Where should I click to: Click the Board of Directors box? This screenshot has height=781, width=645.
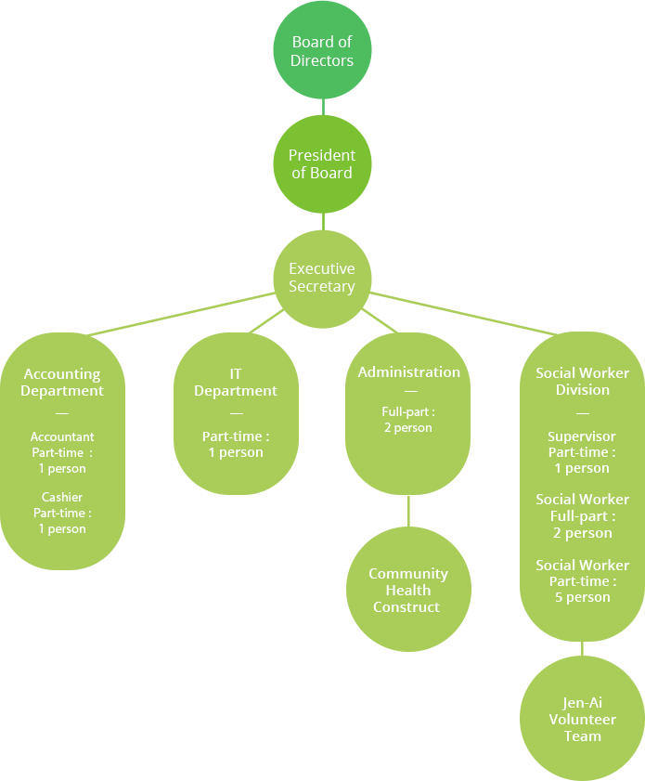(322, 51)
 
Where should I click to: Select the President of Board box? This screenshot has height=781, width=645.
(322, 163)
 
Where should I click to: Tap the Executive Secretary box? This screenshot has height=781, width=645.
(322, 278)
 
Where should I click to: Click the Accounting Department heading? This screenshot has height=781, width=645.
(62, 383)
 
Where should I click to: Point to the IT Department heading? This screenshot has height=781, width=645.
(236, 383)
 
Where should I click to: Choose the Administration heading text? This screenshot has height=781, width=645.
(408, 371)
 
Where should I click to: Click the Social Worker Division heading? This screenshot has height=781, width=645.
(582, 381)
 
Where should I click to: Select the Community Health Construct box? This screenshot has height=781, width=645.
(408, 590)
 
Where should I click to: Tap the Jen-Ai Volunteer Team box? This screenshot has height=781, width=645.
(582, 719)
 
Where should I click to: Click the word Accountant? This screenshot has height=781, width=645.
(62, 436)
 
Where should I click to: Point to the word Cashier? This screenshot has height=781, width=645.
(62, 497)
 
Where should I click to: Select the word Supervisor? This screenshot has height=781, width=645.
(582, 436)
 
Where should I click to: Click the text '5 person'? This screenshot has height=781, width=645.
(582, 597)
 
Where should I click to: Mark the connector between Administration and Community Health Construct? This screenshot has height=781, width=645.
(408, 511)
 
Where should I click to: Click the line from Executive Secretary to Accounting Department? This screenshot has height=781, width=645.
(186, 312)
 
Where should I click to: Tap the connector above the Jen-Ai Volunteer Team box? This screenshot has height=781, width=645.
(582, 648)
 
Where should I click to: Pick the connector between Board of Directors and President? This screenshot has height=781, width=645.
(323, 107)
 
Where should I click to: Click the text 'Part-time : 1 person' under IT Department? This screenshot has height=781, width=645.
(236, 444)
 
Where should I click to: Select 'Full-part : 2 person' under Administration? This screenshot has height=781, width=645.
(408, 420)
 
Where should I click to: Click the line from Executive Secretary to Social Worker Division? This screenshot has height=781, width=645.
(459, 312)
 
